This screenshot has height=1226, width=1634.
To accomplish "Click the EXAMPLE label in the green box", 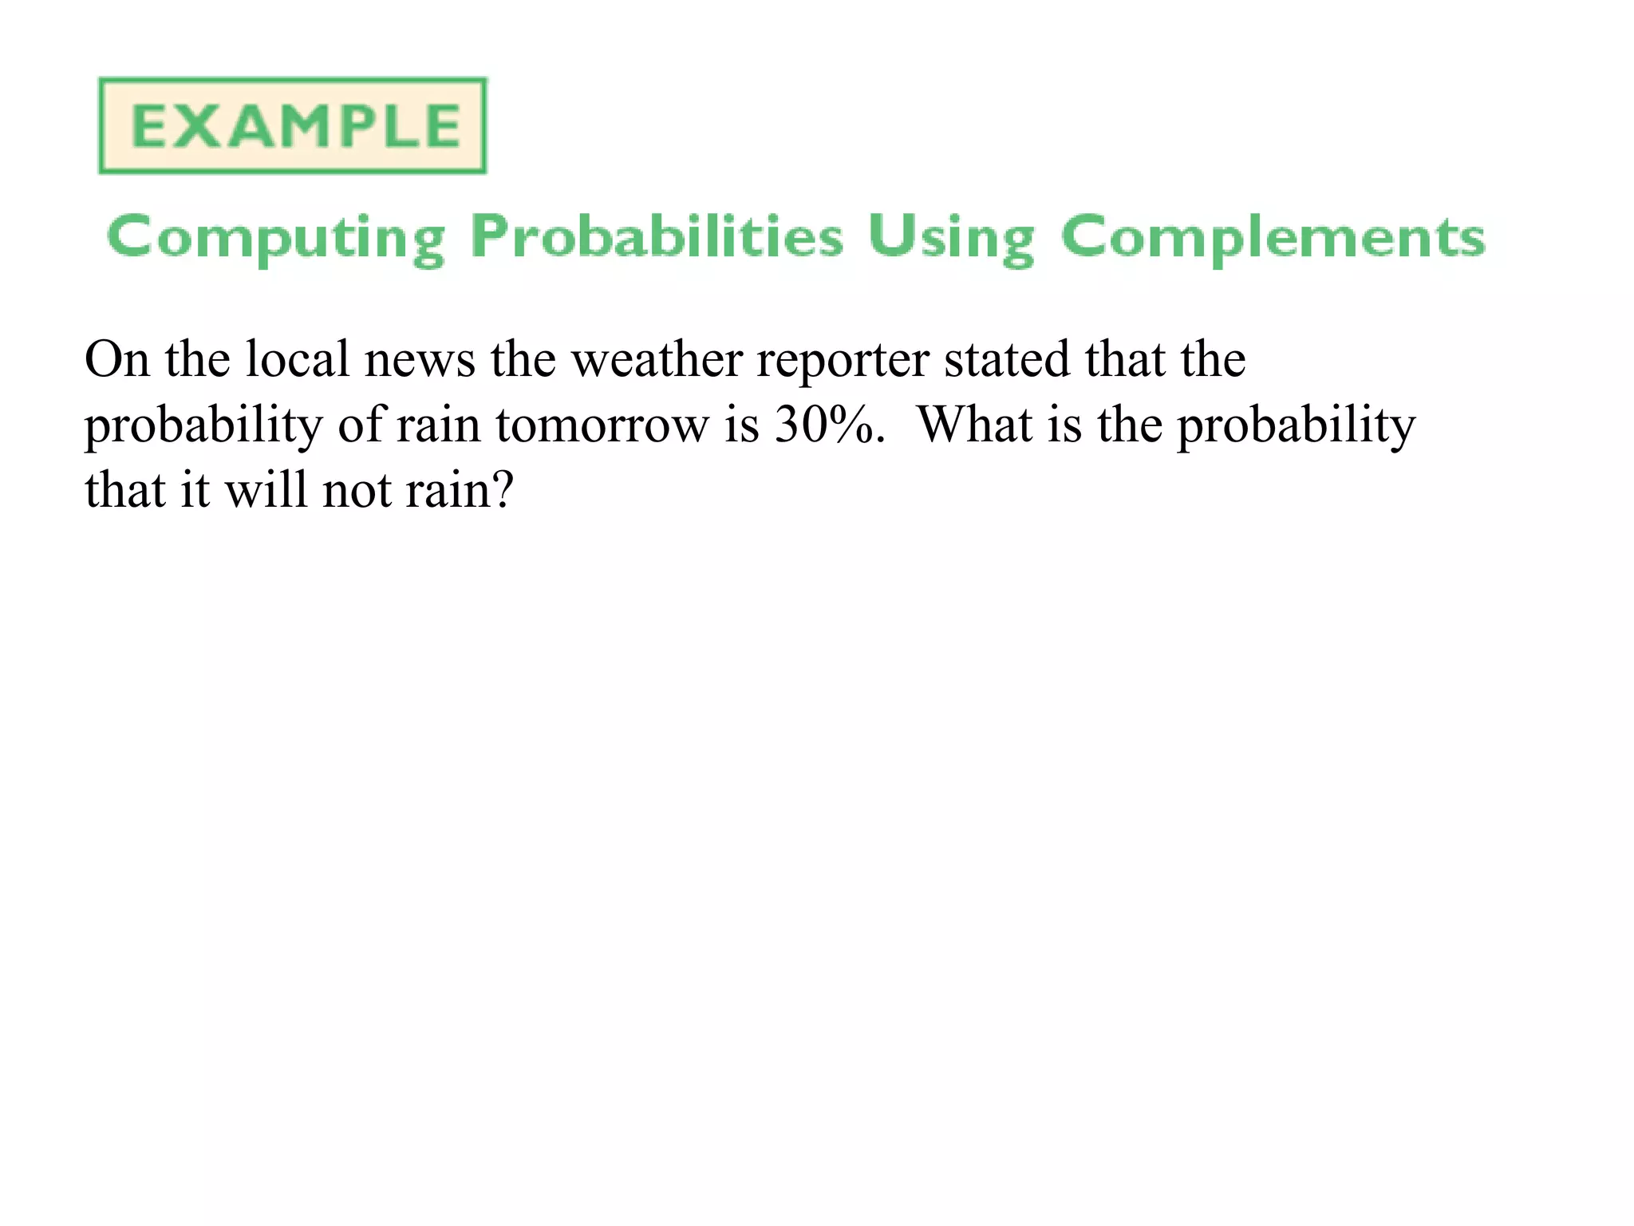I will (294, 126).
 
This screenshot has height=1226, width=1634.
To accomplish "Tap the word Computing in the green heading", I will (275, 238).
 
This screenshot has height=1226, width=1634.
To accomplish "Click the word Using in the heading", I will (951, 238).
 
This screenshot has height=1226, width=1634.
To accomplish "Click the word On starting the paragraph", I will (117, 359).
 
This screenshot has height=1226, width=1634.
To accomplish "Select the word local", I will (297, 359).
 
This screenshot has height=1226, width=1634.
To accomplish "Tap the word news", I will (420, 361).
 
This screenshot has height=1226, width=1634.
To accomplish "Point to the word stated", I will (1007, 359).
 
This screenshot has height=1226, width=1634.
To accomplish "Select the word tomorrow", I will (602, 425).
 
